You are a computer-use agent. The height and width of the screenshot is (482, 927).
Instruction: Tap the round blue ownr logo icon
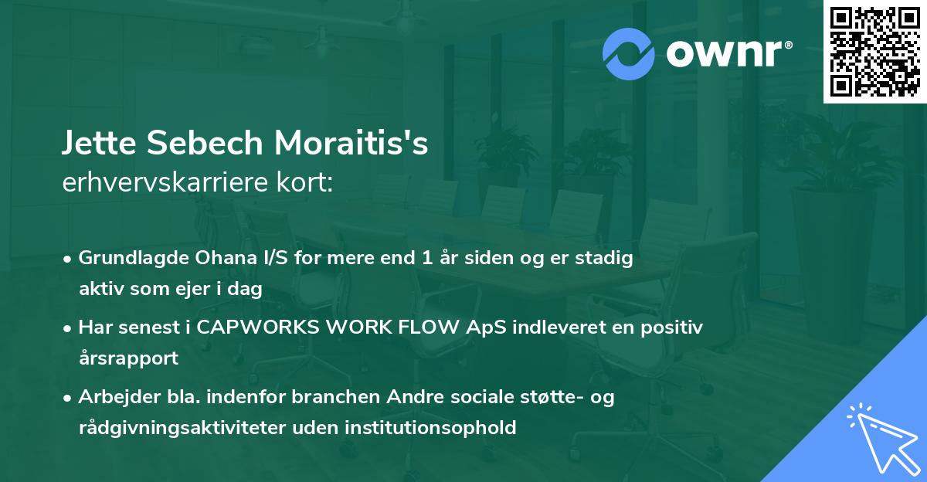pos(629,53)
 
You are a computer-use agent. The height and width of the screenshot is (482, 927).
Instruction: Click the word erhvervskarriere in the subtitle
pos(156,182)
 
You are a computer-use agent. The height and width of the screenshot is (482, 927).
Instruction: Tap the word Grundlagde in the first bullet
pos(127,258)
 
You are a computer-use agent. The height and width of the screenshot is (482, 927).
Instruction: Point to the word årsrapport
pos(128,358)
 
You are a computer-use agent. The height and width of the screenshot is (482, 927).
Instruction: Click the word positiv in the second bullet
pos(674,328)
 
